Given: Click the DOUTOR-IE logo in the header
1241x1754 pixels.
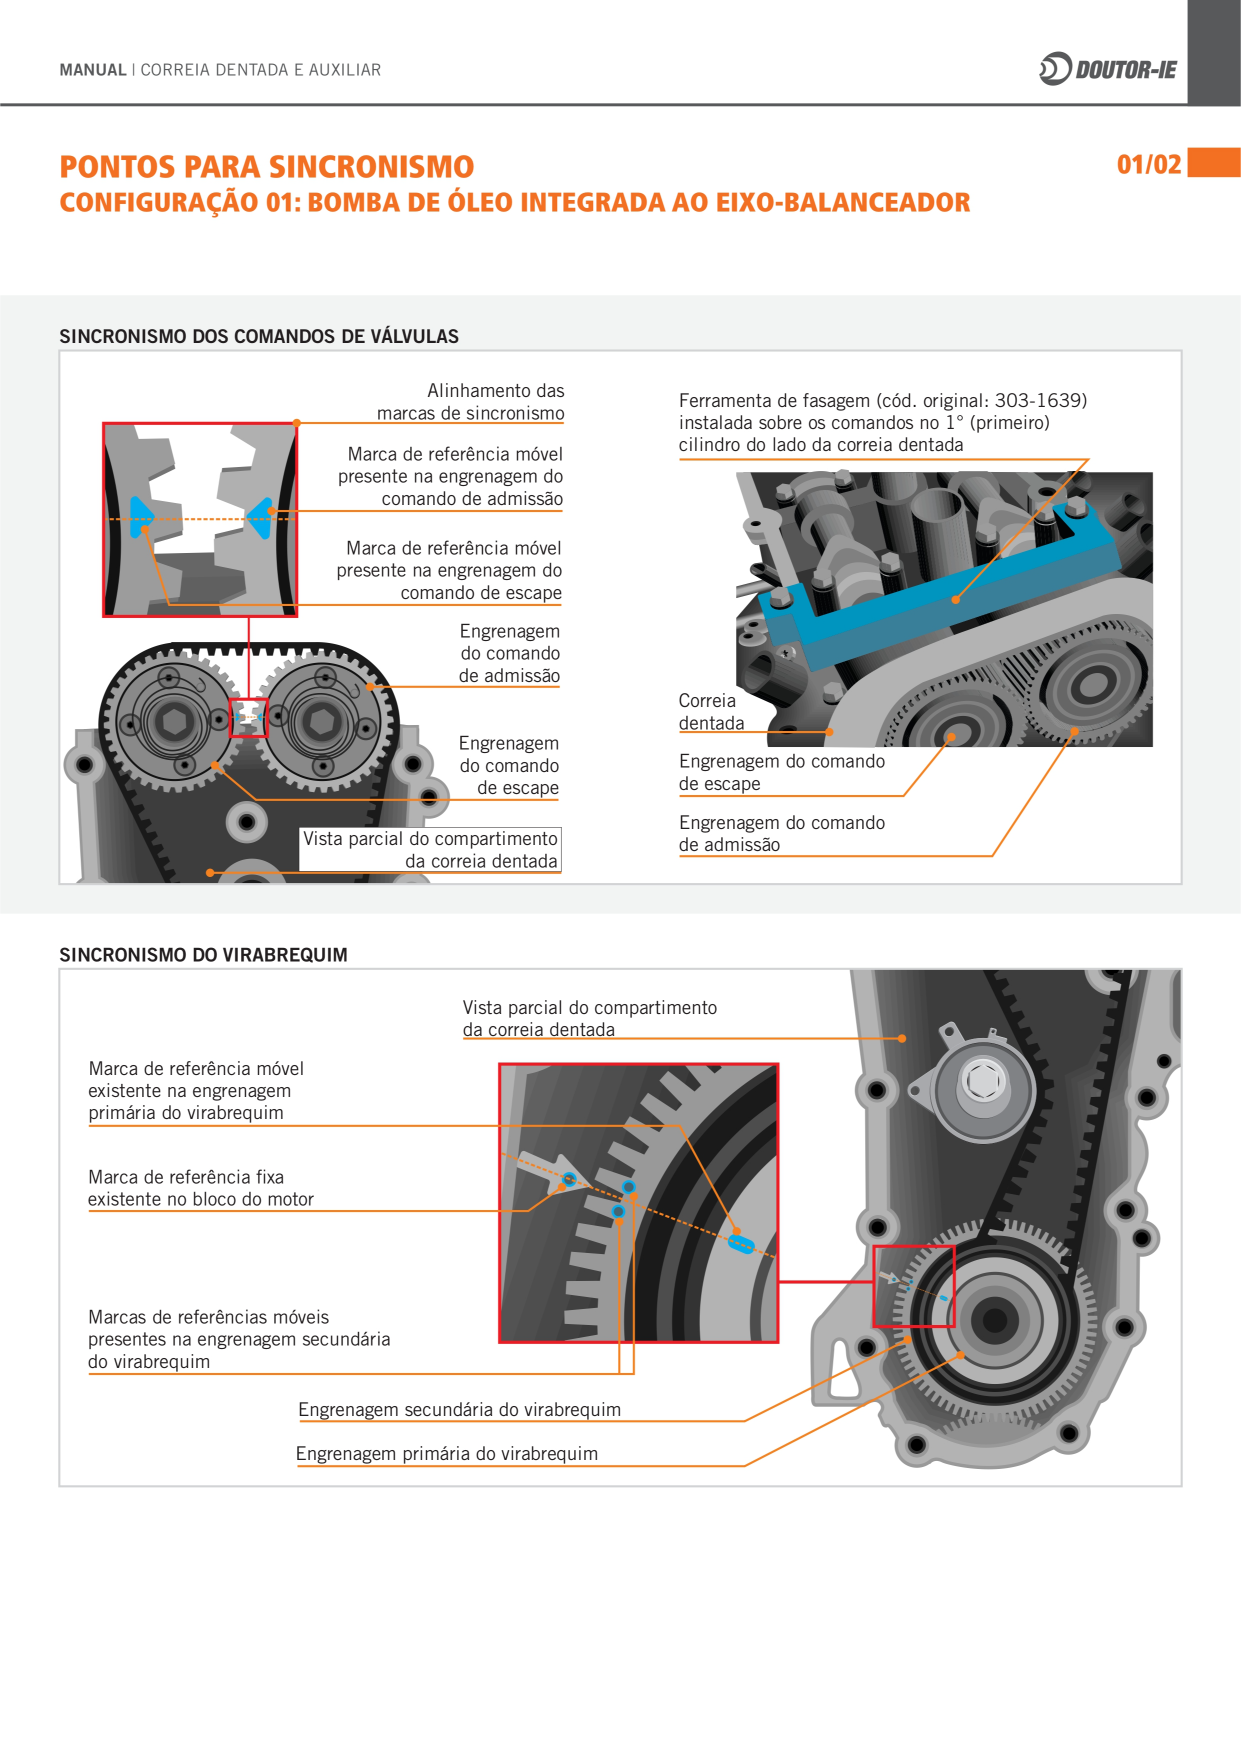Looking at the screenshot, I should (1108, 69).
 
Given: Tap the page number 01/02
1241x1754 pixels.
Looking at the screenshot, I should (1149, 164).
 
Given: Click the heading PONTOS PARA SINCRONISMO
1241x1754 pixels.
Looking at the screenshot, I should (267, 166).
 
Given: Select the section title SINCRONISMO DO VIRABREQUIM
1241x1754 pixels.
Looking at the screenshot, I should (203, 954).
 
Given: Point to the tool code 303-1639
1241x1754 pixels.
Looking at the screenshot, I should (1040, 400).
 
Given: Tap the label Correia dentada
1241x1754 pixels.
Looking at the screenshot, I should (711, 712).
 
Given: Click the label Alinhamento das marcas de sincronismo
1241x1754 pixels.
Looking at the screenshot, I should (470, 402).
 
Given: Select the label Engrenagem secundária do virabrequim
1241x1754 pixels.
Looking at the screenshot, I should (459, 1409).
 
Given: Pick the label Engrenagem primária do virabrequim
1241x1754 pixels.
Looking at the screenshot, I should (447, 1453).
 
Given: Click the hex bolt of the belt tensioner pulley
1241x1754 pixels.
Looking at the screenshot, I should (984, 1080).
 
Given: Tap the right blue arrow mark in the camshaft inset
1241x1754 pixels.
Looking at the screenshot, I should (261, 517).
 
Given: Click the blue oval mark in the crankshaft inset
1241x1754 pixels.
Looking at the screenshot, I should (741, 1244).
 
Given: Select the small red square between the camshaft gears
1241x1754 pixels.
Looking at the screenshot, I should (249, 717).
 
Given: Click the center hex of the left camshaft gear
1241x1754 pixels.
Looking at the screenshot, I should (176, 720).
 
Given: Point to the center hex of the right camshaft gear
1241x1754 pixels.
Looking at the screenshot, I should (322, 720).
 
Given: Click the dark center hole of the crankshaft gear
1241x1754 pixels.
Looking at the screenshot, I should (995, 1321).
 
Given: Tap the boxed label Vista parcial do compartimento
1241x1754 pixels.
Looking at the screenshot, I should (430, 849).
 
